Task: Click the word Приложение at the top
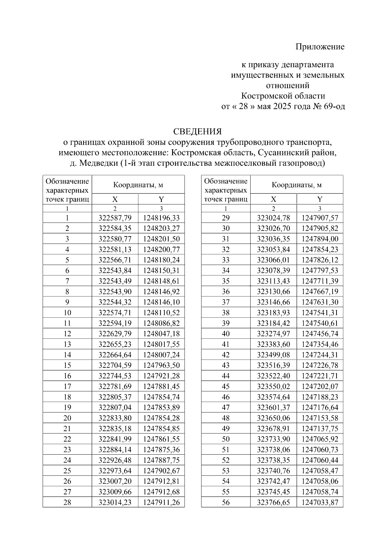pos(320,47)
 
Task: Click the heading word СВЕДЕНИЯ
pos(198,132)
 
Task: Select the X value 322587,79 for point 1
pos(115,218)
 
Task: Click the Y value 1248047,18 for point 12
pos(161,334)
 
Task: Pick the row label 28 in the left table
pos(67,502)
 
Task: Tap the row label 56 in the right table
pos(225,502)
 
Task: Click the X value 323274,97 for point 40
pos(273,334)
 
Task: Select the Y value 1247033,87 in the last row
pos(320,502)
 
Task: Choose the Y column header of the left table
pos(161,199)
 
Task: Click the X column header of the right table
pos(273,199)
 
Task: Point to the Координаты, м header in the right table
pos(297,185)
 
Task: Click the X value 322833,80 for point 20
pos(115,418)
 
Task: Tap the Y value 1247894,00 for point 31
pos(320,239)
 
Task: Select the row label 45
pos(225,386)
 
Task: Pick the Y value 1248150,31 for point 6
pos(161,271)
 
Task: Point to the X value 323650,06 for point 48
pos(273,418)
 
